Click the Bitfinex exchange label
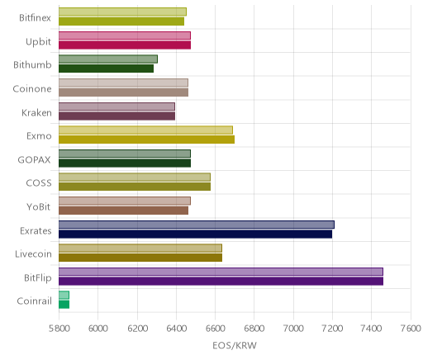click(35, 18)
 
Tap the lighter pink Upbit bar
click(125, 36)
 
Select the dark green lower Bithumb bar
click(106, 69)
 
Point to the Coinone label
click(32, 88)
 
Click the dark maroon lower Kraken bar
click(116, 116)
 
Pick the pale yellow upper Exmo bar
click(145, 130)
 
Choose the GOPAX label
click(34, 159)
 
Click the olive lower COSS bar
click(135, 187)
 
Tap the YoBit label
click(39, 206)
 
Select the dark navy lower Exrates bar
click(195, 234)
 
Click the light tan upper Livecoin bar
click(140, 248)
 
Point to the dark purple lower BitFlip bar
click(221, 282)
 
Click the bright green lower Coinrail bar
click(64, 305)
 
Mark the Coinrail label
click(34, 301)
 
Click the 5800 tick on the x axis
click(59, 329)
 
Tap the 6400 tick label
click(177, 329)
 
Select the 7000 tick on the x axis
click(293, 329)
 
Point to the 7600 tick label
click(411, 329)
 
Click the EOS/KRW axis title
click(235, 345)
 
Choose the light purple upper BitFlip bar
click(221, 272)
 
